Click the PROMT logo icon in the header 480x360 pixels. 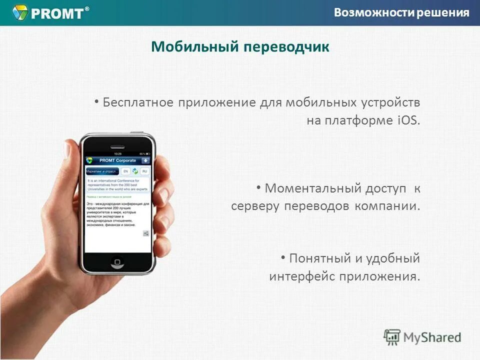[x=20, y=12]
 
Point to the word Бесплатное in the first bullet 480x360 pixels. [x=138, y=102]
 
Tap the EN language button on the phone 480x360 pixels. [x=125, y=171]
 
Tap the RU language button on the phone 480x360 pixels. [x=144, y=171]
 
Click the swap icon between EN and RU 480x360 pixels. [x=135, y=171]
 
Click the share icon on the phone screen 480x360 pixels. [x=145, y=233]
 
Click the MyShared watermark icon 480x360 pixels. [x=392, y=337]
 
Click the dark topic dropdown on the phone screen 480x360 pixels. [x=102, y=171]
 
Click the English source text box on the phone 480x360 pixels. [x=118, y=185]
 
